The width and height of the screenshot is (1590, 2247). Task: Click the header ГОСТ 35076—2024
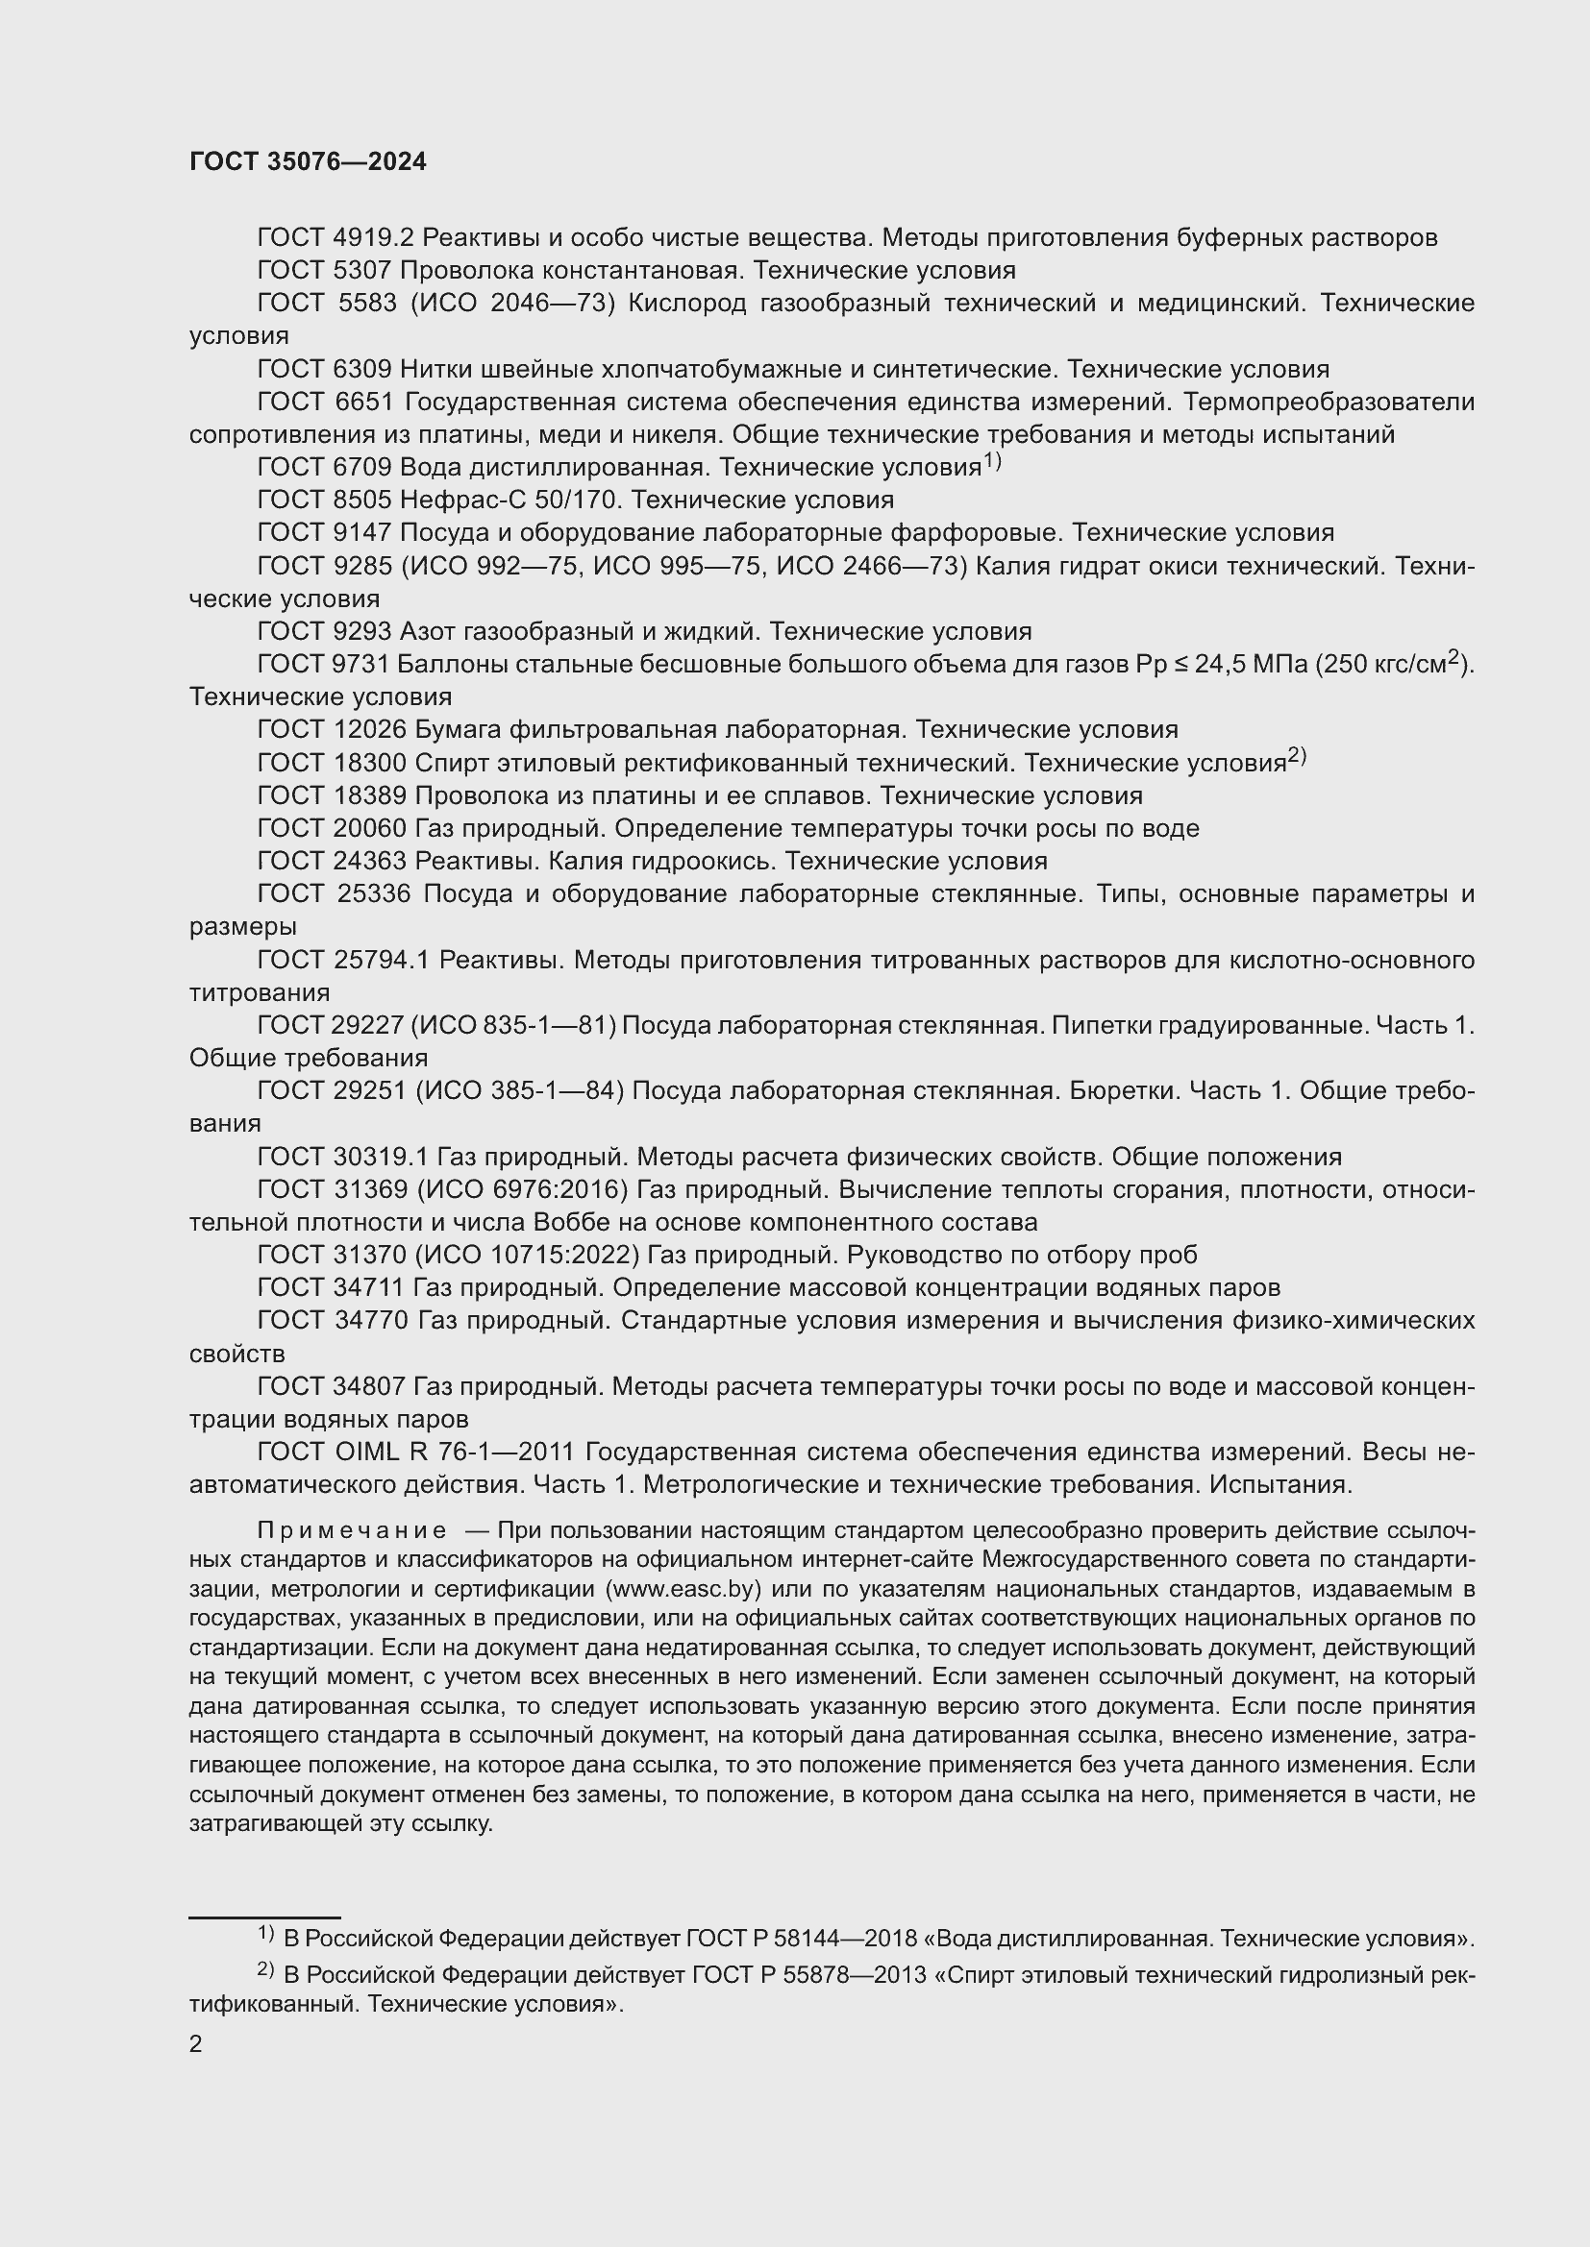click(x=308, y=162)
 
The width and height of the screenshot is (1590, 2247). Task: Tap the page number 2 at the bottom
click(x=196, y=2043)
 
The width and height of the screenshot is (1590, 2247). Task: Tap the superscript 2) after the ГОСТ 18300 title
click(x=1296, y=756)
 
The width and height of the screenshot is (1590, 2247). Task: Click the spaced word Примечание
click(x=352, y=1530)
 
